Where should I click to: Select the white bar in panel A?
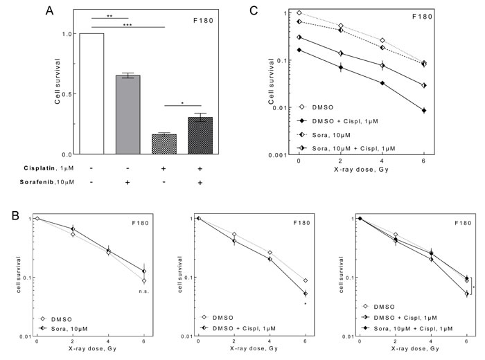click(x=92, y=93)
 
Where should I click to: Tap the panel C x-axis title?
click(x=360, y=168)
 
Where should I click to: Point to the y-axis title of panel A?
click(x=58, y=82)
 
